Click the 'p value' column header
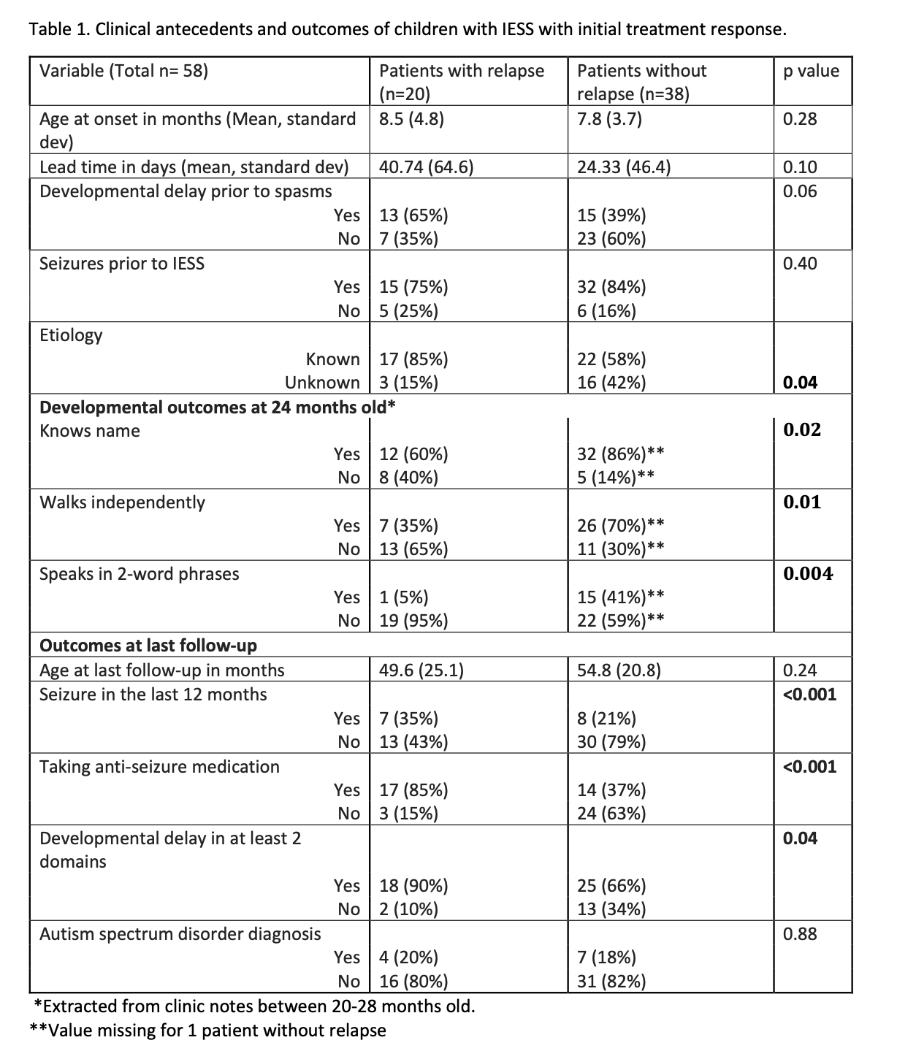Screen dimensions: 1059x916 tap(811, 71)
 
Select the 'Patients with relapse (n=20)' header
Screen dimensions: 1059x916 tap(462, 82)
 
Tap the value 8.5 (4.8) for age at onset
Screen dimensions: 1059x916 tap(411, 119)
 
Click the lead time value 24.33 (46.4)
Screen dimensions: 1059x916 tap(623, 167)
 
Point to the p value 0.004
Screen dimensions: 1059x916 tap(808, 574)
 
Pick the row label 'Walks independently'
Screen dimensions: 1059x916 tap(122, 502)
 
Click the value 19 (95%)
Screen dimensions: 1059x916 tap(413, 621)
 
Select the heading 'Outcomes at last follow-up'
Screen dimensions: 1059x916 tap(148, 646)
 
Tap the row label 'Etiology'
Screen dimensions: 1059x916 tap(71, 335)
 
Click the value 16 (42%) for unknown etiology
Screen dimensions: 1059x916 tap(611, 383)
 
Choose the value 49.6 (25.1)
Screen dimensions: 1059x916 tap(421, 670)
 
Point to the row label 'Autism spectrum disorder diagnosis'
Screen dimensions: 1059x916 tap(180, 934)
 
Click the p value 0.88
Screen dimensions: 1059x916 tap(800, 934)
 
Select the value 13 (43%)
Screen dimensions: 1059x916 tap(413, 742)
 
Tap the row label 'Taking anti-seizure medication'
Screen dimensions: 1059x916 tap(159, 767)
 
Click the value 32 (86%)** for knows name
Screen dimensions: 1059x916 tap(620, 454)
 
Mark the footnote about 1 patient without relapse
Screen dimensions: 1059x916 tap(207, 1031)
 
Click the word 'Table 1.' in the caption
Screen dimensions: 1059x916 tap(59, 30)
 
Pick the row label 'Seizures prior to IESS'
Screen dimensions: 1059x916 tap(122, 264)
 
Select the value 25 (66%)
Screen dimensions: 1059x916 tap(611, 886)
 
